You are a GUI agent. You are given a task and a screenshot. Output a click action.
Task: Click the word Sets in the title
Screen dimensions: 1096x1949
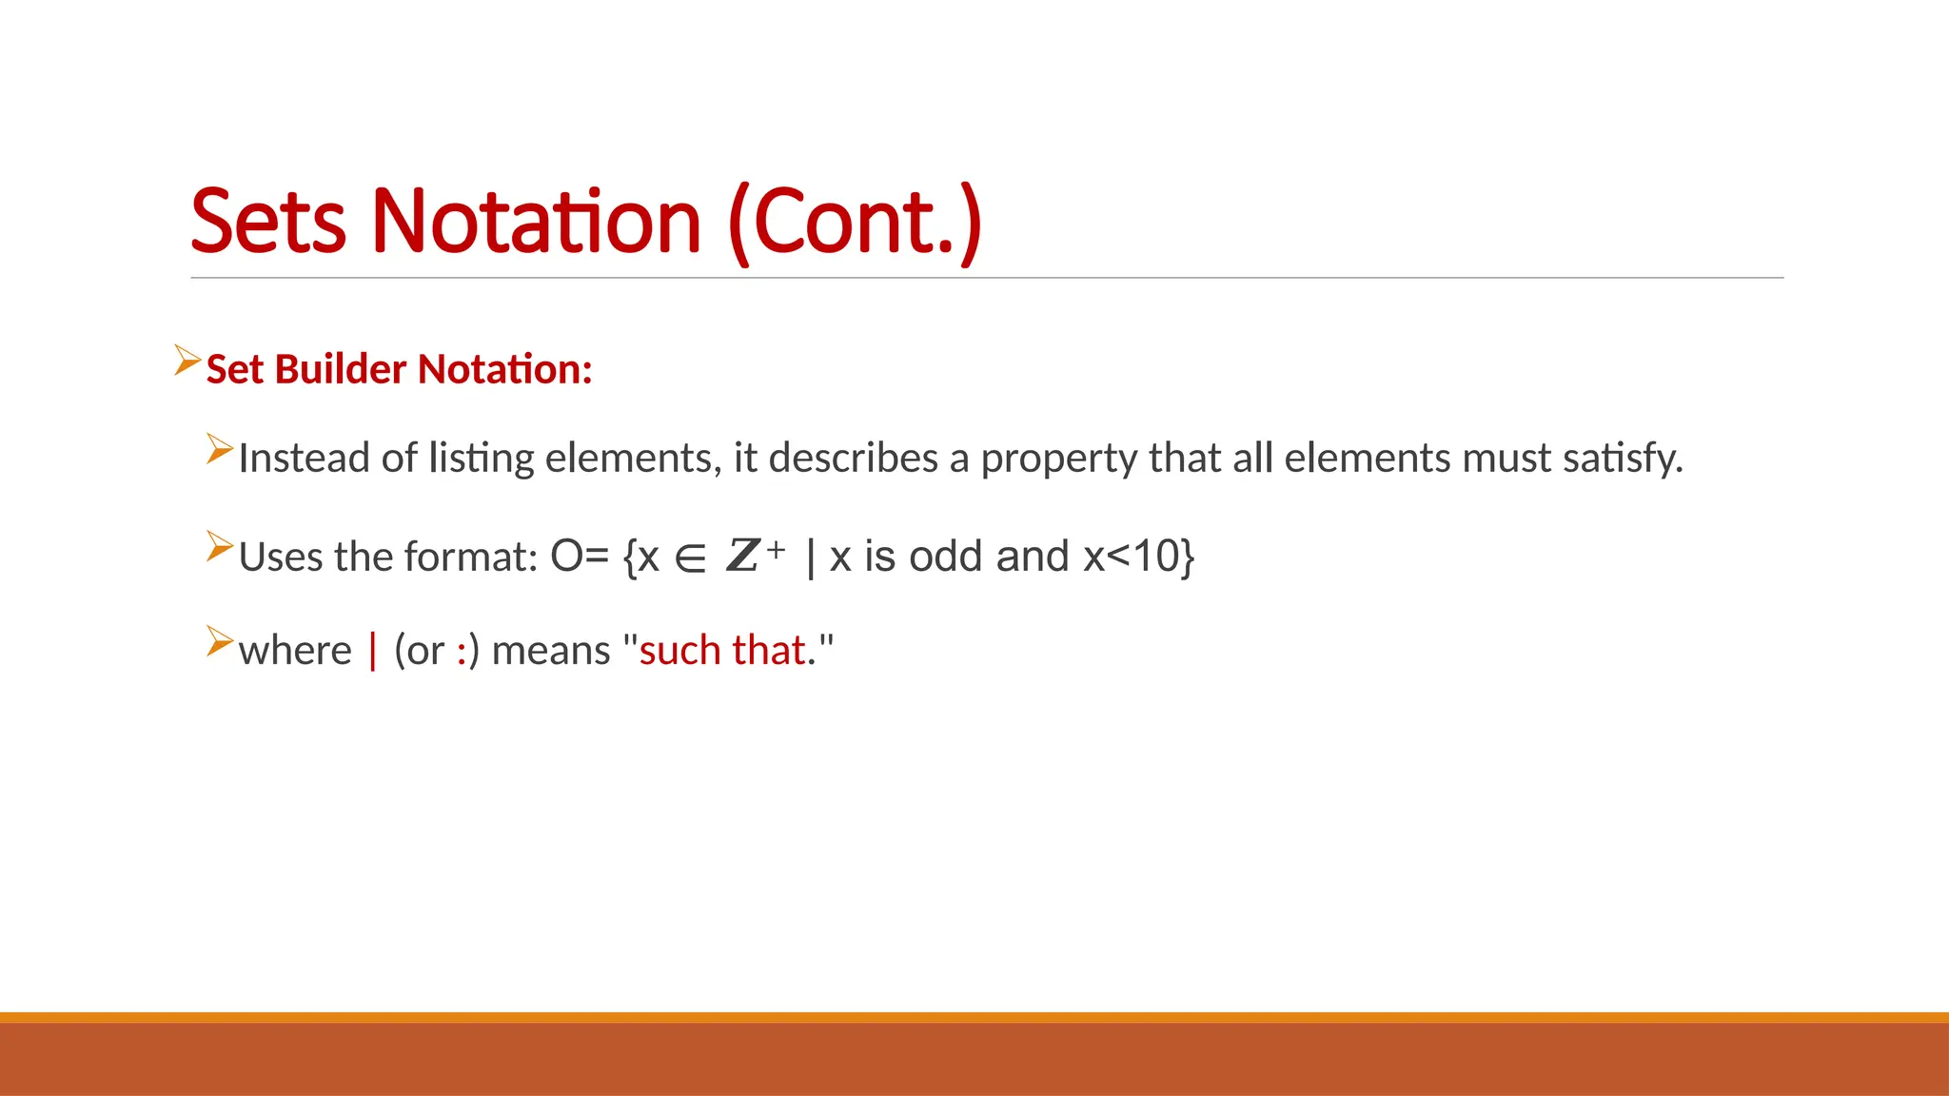tap(268, 222)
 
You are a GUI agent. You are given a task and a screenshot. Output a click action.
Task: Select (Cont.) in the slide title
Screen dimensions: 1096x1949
tap(855, 222)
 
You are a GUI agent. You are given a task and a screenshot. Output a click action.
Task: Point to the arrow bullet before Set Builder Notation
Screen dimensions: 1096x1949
tap(187, 362)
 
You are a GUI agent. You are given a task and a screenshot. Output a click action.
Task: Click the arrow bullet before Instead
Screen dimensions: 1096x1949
tap(220, 449)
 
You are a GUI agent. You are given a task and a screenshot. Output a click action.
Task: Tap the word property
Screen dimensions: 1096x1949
tap(1058, 459)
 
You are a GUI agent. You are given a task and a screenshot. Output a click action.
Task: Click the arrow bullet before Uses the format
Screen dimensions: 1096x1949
tap(220, 547)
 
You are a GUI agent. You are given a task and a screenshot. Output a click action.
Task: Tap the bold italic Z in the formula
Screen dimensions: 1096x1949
tap(742, 556)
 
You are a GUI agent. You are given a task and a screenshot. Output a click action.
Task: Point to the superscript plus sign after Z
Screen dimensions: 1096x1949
tap(777, 549)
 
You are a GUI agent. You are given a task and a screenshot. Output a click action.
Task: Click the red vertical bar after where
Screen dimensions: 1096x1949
tap(373, 651)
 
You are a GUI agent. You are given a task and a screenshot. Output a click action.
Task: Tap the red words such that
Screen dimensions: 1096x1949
tap(722, 651)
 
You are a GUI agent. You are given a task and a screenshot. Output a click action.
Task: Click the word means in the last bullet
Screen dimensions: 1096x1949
tap(551, 651)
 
